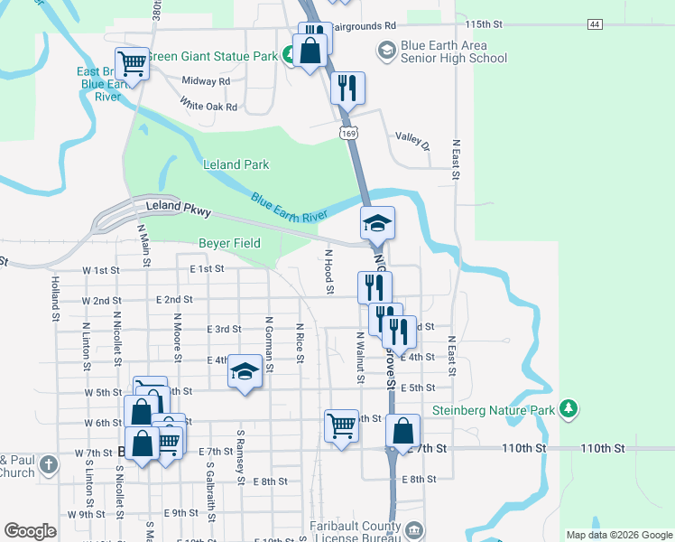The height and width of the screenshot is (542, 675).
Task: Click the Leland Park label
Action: [236, 164]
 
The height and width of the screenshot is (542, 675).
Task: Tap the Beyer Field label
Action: [229, 243]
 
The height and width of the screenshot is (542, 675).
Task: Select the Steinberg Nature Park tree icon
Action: [569, 408]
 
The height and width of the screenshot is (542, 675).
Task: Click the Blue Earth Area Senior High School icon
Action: [387, 51]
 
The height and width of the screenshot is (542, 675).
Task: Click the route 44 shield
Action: [594, 23]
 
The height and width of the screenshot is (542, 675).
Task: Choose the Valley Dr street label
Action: [413, 139]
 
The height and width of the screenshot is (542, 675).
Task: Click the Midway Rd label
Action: [206, 81]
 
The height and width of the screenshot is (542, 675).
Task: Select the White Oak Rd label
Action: [208, 107]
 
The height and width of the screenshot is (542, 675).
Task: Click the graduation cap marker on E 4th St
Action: [244, 371]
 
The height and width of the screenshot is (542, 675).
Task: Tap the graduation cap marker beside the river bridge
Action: [378, 222]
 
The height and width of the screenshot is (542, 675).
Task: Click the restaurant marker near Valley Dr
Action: [347, 89]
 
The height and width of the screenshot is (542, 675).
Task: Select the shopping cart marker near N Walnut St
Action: [341, 425]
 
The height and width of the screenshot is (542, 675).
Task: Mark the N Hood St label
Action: [329, 272]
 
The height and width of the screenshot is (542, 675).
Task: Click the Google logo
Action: [31, 531]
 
